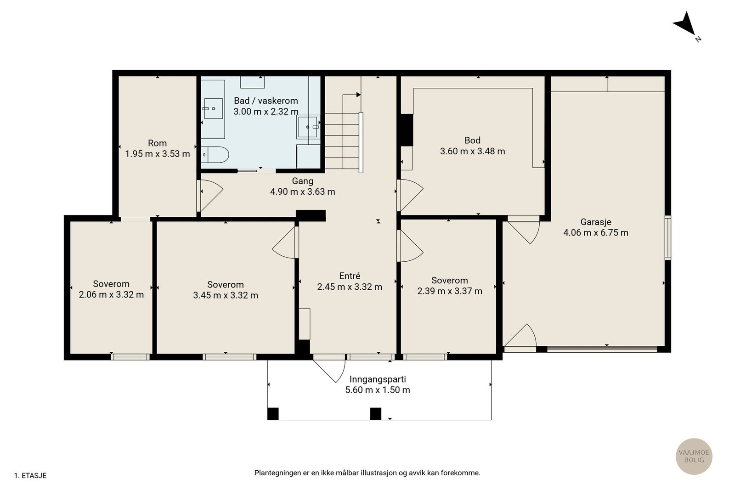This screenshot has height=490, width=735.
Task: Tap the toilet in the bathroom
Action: (x=215, y=155)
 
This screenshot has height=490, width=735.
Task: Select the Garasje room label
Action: (x=596, y=222)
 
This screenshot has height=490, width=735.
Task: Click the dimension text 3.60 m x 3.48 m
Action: (x=473, y=151)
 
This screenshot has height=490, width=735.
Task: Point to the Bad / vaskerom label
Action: (x=266, y=101)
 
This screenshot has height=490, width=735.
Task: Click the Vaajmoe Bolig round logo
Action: (x=694, y=456)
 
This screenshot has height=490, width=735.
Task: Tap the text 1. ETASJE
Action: (x=30, y=476)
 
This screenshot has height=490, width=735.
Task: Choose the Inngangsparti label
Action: (x=378, y=379)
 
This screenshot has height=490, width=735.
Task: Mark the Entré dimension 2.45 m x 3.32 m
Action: (x=350, y=287)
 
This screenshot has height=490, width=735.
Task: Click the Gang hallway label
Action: (x=303, y=181)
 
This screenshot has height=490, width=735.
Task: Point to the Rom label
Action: (x=157, y=143)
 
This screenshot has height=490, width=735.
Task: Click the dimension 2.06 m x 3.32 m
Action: (x=111, y=294)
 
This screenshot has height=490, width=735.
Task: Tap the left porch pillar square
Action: (x=273, y=414)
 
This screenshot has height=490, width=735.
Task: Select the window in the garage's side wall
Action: (x=668, y=238)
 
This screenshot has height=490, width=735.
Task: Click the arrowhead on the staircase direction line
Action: (x=359, y=95)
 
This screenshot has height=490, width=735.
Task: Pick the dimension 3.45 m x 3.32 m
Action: (x=226, y=295)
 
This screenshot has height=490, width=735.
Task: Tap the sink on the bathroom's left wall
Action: (x=213, y=108)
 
